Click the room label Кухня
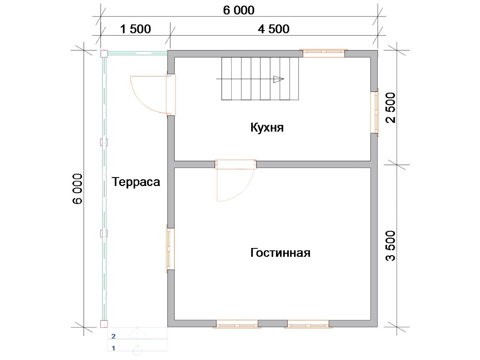click(x=267, y=128)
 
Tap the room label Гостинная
click(x=280, y=253)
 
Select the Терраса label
click(x=136, y=182)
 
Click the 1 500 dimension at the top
click(x=136, y=29)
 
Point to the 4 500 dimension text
click(x=274, y=29)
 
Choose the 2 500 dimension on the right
click(x=391, y=108)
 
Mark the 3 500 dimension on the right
click(x=391, y=246)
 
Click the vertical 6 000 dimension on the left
click(x=78, y=189)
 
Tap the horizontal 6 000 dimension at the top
click(x=239, y=10)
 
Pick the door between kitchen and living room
click(x=235, y=180)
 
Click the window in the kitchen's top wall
click(x=324, y=53)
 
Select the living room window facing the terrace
click(x=170, y=249)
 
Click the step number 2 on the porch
click(x=113, y=336)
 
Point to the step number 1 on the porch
click(x=113, y=348)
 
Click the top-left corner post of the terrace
click(x=104, y=54)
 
